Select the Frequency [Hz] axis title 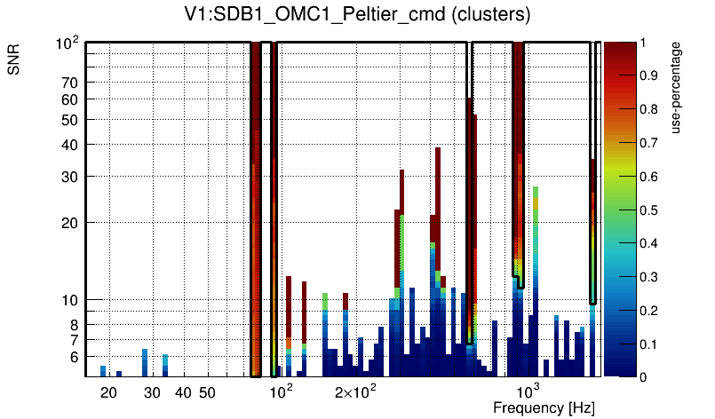click(544, 408)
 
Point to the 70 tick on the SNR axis click(70, 83)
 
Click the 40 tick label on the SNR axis click(70, 145)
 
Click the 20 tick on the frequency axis click(108, 392)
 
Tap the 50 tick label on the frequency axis click(207, 392)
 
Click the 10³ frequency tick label click(528, 391)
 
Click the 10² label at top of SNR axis click(68, 43)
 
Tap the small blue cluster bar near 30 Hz click(144, 361)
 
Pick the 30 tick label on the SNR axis click(70, 177)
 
